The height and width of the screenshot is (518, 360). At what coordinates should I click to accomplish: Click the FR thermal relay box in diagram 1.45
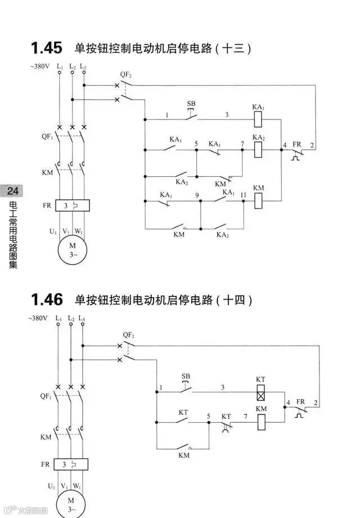73,206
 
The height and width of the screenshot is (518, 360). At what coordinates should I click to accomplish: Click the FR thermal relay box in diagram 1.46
71,465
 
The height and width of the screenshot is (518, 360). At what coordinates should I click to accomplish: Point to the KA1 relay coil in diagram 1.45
259,119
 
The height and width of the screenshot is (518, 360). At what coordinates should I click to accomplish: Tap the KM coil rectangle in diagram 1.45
259,199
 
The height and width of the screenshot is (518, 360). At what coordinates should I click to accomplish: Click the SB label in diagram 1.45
191,104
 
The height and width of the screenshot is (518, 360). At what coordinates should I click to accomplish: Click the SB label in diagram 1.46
186,376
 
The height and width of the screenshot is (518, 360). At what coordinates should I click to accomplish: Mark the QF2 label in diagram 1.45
126,74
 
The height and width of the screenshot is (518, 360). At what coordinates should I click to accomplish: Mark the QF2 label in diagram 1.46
128,334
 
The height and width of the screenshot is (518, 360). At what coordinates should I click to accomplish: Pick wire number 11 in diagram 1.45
243,195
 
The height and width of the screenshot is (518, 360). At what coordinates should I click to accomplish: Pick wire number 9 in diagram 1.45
197,195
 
